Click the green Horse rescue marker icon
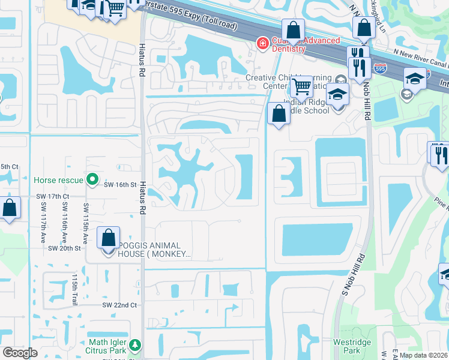92,179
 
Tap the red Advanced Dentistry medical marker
262,43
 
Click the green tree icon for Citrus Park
136,345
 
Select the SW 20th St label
64,248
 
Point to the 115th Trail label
75,290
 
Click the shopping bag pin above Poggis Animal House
108,238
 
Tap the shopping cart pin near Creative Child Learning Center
302,88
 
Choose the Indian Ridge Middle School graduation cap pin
338,95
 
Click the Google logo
20,353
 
